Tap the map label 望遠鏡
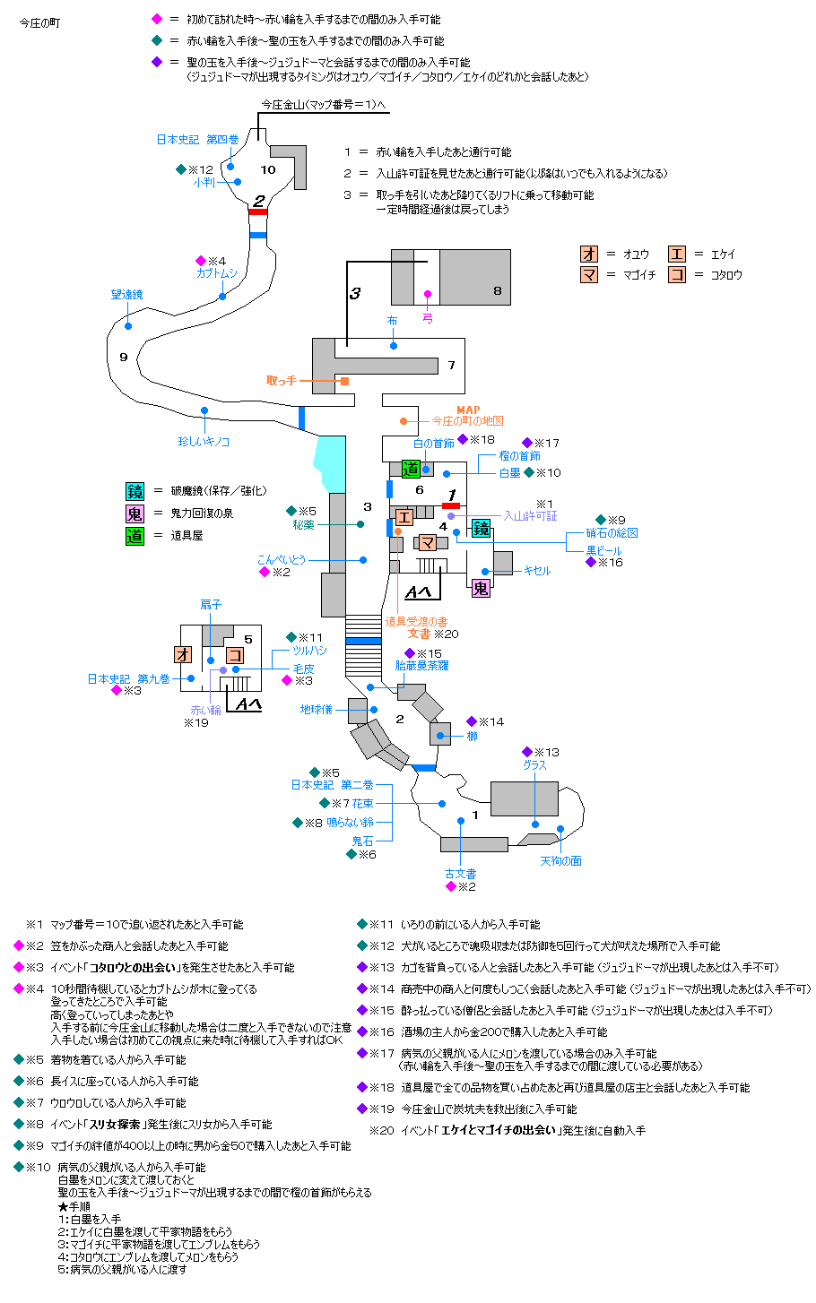point(126,294)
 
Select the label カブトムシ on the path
point(217,273)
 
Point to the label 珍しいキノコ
point(204,442)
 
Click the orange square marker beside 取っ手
point(344,381)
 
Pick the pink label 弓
point(428,317)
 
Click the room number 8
point(497,290)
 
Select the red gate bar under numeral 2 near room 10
point(257,211)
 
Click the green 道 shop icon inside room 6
point(411,468)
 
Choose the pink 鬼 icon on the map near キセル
point(481,589)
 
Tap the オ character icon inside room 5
point(187,654)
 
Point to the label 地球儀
point(317,710)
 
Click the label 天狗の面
point(560,861)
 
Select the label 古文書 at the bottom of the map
point(460,874)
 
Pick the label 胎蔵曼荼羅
point(421,666)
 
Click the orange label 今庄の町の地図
point(467,421)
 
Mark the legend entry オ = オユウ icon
point(589,254)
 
